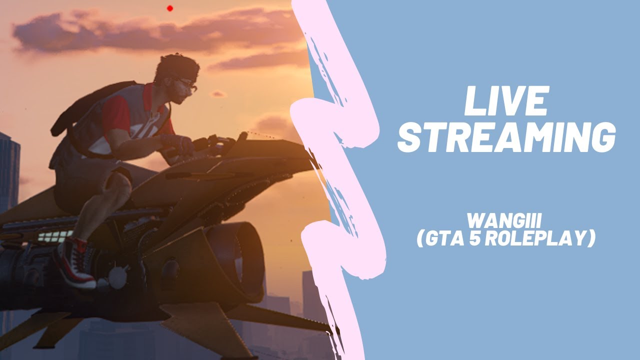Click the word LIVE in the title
(506, 102)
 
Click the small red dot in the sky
(170, 8)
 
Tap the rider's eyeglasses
(187, 84)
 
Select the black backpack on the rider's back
(87, 107)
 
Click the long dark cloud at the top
(150, 32)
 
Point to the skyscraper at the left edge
(9, 170)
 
